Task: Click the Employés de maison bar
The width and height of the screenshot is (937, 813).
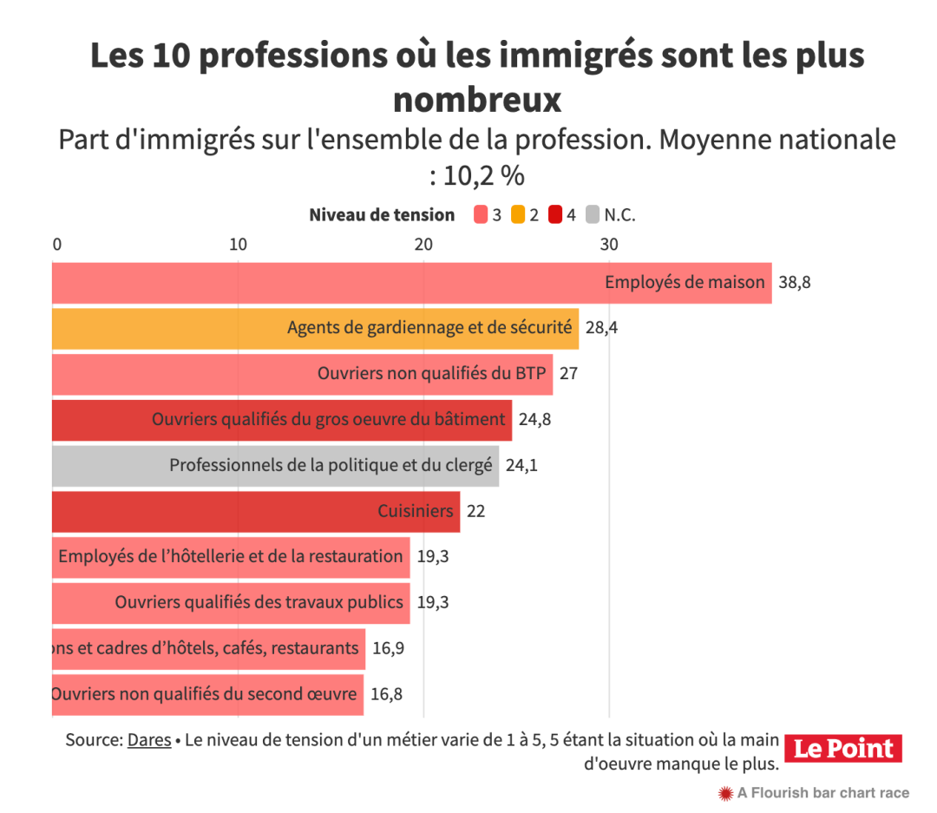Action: (x=411, y=283)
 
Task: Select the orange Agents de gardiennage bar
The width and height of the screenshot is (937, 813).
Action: (x=315, y=329)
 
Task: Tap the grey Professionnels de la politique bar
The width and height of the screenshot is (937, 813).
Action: (x=275, y=466)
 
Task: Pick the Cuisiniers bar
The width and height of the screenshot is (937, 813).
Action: (x=256, y=512)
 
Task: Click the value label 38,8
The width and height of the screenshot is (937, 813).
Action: (x=795, y=283)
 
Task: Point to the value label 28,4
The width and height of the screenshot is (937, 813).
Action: (x=601, y=329)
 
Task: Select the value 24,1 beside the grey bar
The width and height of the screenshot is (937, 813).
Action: (x=521, y=466)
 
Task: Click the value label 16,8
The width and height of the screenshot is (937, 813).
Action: (x=386, y=694)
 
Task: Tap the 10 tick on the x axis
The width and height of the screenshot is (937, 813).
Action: (x=238, y=245)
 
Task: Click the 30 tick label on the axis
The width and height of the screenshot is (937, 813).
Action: (x=609, y=245)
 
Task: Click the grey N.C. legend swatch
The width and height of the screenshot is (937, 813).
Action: (x=593, y=215)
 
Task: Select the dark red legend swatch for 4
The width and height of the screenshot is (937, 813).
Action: (x=556, y=215)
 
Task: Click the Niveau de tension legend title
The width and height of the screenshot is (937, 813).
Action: (x=382, y=215)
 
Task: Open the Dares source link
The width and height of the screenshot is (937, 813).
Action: (x=149, y=742)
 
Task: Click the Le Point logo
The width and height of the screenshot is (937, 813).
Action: (x=844, y=748)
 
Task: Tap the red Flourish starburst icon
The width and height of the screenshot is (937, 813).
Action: (x=725, y=792)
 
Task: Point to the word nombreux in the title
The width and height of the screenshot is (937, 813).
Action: (x=477, y=100)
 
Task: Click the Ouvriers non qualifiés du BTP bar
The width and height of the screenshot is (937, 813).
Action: (x=302, y=375)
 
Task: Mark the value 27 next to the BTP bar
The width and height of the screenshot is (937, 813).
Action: (x=568, y=375)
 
